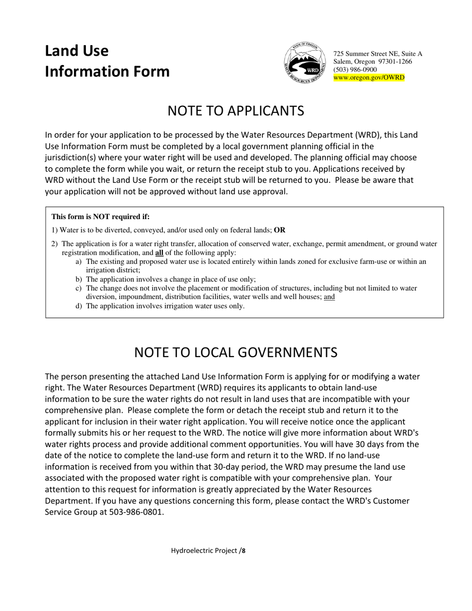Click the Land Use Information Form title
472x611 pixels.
click(x=107, y=61)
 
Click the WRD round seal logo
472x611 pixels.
click(x=305, y=63)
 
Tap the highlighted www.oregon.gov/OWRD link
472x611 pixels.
click(x=369, y=77)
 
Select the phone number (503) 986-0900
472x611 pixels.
click(x=355, y=70)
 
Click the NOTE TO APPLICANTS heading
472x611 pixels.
click(x=236, y=110)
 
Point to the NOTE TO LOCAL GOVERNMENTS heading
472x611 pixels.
click(x=236, y=352)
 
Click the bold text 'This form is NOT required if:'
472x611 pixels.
click(x=100, y=217)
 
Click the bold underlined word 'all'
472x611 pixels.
click(x=159, y=252)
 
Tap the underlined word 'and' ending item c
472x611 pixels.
click(x=329, y=297)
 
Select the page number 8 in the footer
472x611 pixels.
click(x=244, y=550)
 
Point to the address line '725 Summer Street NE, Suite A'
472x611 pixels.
click(x=378, y=54)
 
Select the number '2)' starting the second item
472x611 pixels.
click(x=55, y=244)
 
